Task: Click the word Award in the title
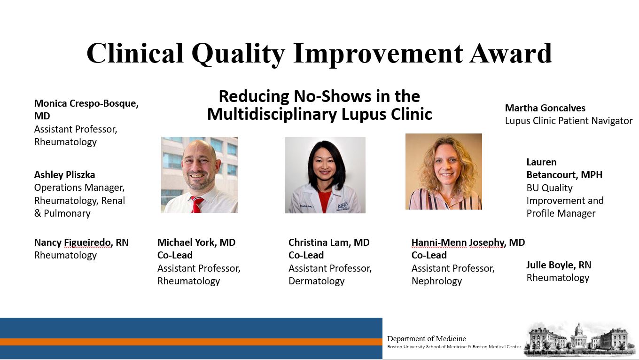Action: [x=511, y=54]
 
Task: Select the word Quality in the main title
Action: [x=238, y=54]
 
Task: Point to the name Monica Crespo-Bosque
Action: [x=86, y=103]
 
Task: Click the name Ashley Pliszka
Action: [x=64, y=174]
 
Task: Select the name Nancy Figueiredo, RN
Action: [x=81, y=243]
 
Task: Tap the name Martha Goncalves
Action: [x=545, y=108]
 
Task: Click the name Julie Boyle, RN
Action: [x=559, y=265]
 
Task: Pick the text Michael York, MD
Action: [x=196, y=243]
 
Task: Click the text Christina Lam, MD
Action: [x=329, y=243]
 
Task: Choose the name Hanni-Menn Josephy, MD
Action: [x=468, y=243]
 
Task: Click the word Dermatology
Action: [x=316, y=281]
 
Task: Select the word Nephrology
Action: [x=436, y=281]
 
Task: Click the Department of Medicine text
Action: [x=427, y=338]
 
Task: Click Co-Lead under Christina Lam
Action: [x=306, y=255]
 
